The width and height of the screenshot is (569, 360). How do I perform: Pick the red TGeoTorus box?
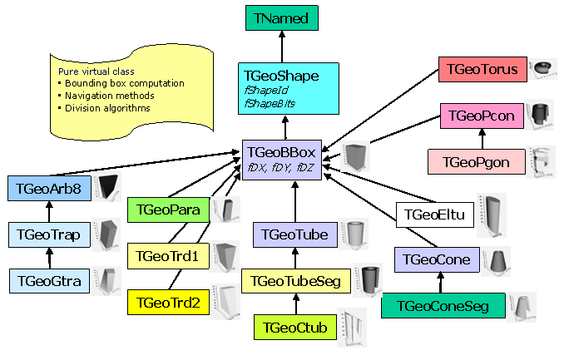pos(482,70)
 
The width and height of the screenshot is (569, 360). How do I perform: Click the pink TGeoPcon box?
pos(482,116)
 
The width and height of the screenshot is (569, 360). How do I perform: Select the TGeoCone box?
pos(436,259)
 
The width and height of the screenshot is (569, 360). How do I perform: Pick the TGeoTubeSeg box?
pos(297,280)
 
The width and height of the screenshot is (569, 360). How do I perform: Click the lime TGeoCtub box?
pos(294,325)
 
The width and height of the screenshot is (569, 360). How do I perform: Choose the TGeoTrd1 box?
pos(166,257)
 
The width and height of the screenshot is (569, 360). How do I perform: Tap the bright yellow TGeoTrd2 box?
pos(167,303)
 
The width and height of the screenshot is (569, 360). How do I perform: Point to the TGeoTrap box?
pos(48,234)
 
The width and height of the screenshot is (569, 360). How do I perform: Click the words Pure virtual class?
pos(96,72)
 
